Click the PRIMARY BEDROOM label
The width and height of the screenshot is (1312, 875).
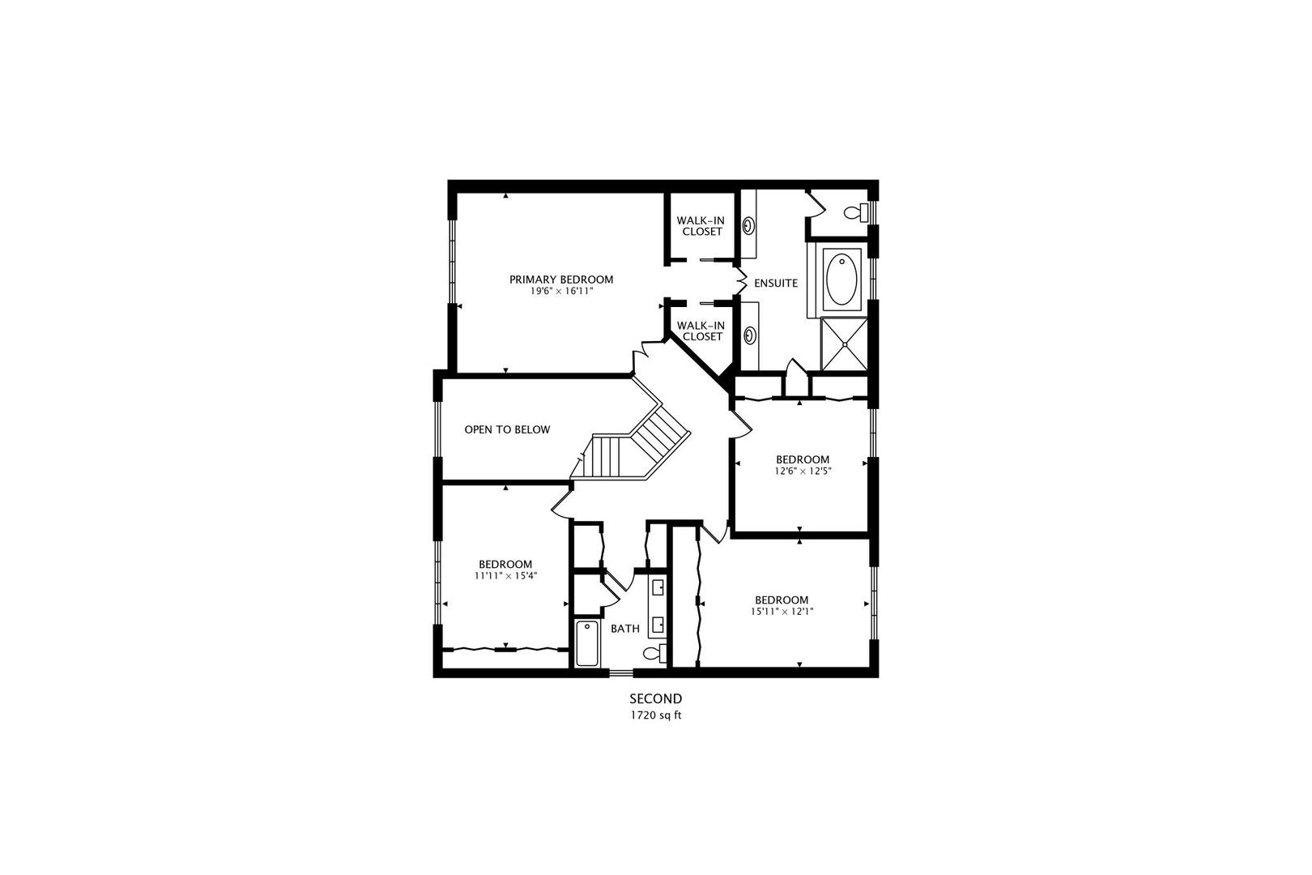point(561,280)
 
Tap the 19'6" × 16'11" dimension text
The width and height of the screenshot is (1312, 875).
point(561,291)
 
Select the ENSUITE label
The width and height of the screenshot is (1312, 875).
point(776,284)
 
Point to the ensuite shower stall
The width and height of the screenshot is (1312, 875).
point(845,344)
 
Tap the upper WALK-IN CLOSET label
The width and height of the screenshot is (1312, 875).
point(701,225)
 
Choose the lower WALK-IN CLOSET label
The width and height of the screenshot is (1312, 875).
point(701,331)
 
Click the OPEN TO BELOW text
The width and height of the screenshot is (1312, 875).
point(507,429)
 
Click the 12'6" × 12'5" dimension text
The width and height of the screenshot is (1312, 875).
point(803,471)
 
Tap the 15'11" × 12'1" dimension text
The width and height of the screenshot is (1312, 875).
point(782,612)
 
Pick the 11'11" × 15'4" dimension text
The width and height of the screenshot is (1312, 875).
point(505,576)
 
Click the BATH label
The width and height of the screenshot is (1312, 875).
point(624,629)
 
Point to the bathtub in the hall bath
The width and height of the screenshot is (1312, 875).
point(586,643)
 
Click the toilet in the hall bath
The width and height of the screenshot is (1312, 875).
point(654,653)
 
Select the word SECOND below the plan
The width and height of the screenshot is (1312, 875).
point(656,698)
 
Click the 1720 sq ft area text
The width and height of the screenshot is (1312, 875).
point(656,715)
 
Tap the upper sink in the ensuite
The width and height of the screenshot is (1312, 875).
point(750,224)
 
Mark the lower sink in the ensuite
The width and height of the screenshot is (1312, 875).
point(750,333)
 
